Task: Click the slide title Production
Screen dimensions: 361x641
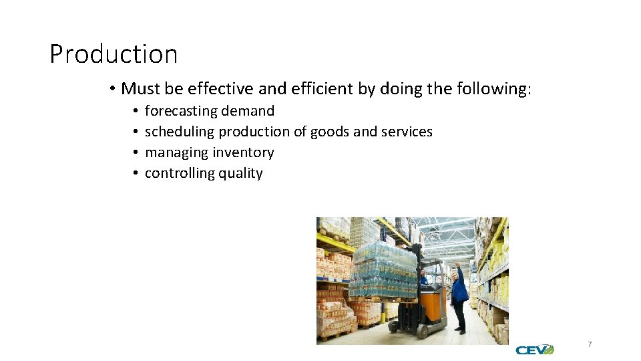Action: [114, 54]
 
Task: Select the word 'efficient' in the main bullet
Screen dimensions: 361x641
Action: [316, 89]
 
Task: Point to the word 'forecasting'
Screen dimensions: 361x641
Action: [181, 111]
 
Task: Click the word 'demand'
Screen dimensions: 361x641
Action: [248, 111]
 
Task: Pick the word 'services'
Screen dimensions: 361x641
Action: [407, 132]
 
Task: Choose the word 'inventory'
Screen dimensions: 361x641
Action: [243, 152]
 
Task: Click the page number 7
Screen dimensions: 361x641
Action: [590, 344]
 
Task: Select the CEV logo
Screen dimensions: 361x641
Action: [534, 350]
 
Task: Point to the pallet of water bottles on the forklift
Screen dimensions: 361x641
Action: [384, 271]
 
